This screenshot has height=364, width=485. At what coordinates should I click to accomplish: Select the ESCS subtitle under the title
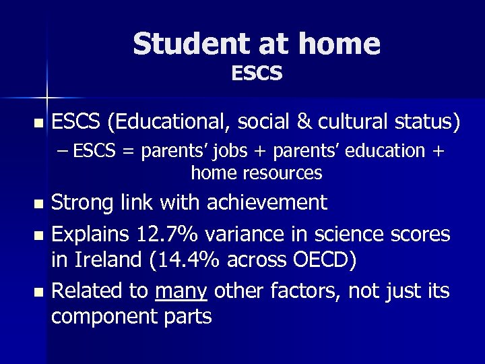pyautogui.click(x=257, y=73)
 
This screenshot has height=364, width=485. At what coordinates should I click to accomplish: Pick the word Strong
pyautogui.click(x=85, y=202)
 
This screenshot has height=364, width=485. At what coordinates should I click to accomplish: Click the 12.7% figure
pyautogui.click(x=168, y=235)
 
